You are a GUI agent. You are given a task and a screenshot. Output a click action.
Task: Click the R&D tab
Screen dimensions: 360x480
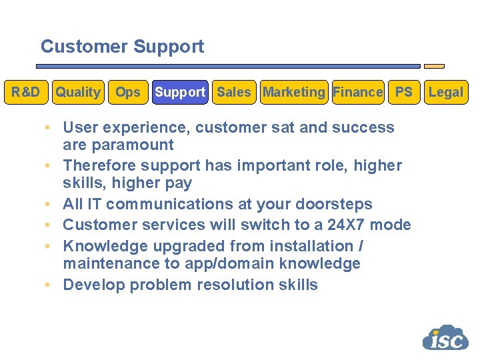point(25,92)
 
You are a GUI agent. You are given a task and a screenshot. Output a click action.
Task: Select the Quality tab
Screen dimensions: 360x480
point(78,92)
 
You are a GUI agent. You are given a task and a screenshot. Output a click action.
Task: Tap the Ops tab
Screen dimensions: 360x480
point(128,92)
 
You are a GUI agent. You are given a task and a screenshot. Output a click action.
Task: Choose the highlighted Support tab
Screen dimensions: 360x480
point(180,92)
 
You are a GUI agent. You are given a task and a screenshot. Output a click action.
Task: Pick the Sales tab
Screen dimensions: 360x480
point(234,92)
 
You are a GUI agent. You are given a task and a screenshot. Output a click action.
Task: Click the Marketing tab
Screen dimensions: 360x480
point(294,92)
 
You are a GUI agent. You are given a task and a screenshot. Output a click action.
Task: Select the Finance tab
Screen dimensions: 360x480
point(358,92)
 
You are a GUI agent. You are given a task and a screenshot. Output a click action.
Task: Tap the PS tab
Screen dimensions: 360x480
point(404,92)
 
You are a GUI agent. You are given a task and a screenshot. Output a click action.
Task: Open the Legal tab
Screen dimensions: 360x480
point(446,92)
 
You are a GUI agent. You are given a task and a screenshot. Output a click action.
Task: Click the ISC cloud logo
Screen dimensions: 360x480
point(445,337)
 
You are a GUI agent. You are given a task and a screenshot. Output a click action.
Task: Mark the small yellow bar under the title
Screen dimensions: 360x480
point(434,67)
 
